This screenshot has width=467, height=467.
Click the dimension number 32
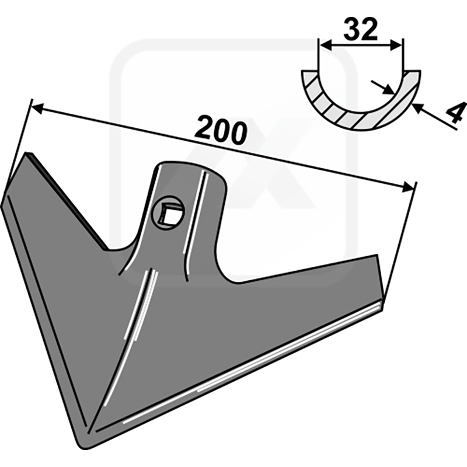click(x=361, y=29)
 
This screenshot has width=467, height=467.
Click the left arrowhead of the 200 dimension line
click(x=37, y=108)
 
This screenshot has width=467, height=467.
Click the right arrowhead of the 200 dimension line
click(x=407, y=187)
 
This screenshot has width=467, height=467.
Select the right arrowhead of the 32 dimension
click(x=396, y=46)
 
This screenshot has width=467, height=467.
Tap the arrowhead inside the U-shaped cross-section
click(x=388, y=89)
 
